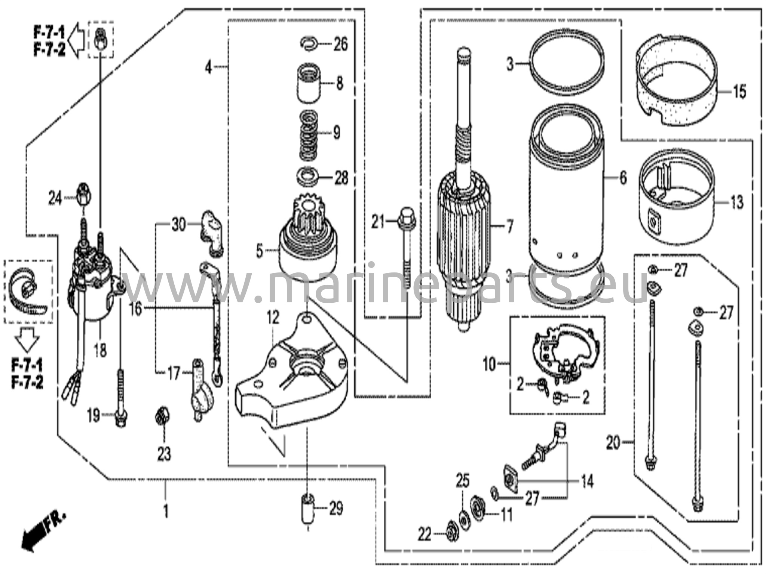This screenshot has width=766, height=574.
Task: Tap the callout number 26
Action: (340, 44)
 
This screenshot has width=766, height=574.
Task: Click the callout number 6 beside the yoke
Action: (623, 178)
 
